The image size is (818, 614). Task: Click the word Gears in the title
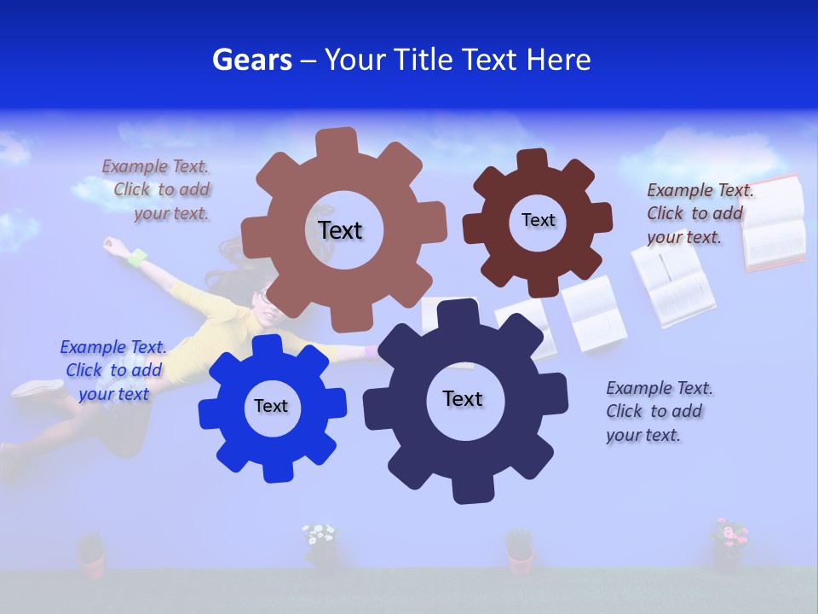click(251, 60)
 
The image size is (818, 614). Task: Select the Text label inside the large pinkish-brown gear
click(341, 230)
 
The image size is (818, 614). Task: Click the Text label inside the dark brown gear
click(538, 220)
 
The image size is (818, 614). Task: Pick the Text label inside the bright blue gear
click(271, 406)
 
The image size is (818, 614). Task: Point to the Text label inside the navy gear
click(463, 398)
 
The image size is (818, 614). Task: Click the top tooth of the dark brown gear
click(533, 160)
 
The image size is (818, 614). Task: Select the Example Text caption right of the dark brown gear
click(699, 213)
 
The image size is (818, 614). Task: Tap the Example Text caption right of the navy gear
click(659, 411)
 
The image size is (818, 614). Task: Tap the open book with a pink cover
click(773, 223)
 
